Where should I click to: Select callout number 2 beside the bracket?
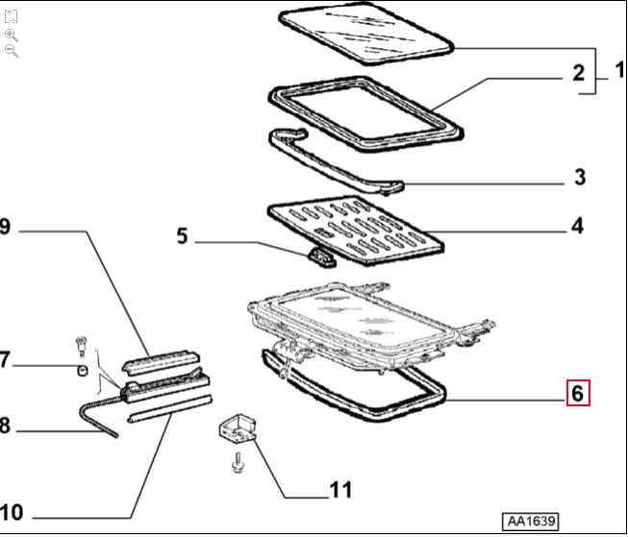578,72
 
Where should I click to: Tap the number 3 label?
579,178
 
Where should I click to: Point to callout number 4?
578,227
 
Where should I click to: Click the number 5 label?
184,233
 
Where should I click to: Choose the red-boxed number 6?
577,393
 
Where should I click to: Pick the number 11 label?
340,491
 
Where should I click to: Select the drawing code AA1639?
530,521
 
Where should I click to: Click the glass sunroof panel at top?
365,35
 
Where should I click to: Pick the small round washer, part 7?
83,370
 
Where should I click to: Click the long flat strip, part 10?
168,408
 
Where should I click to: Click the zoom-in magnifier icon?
12,35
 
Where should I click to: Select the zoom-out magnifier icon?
12,51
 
